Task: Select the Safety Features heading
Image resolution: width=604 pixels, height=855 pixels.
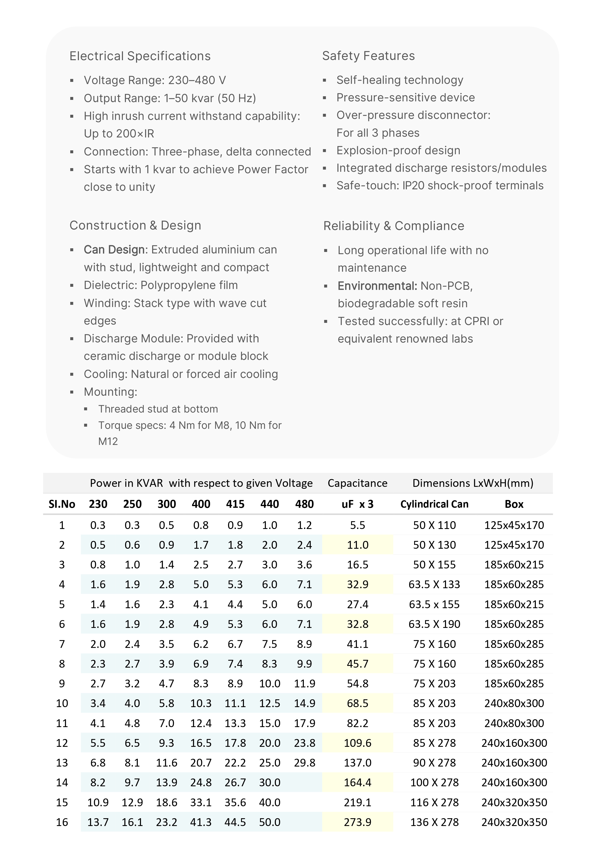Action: (368, 56)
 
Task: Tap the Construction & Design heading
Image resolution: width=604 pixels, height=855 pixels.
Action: (135, 225)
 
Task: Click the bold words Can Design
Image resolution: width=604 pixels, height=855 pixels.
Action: (114, 250)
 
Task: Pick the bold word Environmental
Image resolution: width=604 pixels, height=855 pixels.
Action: (377, 286)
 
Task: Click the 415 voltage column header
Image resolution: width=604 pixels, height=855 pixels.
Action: (235, 504)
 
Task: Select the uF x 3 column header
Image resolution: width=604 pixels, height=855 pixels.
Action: (357, 504)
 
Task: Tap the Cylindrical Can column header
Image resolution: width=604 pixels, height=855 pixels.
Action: (434, 504)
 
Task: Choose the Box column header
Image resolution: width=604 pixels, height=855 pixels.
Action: (514, 504)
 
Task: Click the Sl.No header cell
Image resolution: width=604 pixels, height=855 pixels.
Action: (62, 504)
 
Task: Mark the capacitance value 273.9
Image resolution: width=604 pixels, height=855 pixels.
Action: (357, 822)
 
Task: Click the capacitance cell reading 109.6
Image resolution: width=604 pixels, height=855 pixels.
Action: (357, 743)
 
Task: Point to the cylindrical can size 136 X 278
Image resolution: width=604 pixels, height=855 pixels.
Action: (434, 822)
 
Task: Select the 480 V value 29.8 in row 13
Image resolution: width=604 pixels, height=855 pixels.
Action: (304, 763)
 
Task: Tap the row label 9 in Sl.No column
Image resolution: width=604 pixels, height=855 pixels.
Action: (62, 683)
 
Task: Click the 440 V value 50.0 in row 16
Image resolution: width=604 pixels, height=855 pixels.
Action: (269, 822)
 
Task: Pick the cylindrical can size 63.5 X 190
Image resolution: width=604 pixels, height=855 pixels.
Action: (434, 624)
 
